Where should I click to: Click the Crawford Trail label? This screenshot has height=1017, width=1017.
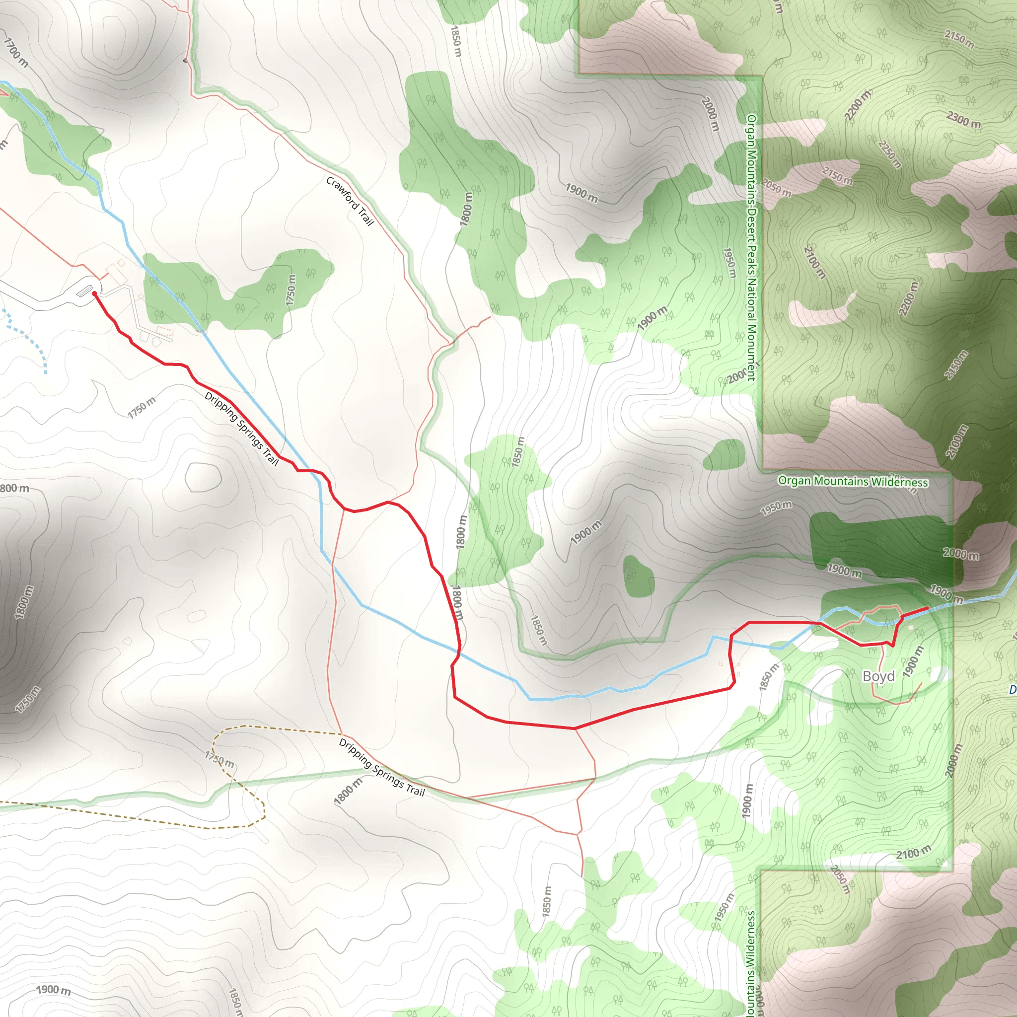click(350, 201)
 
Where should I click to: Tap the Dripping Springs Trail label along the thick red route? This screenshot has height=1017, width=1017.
click(241, 429)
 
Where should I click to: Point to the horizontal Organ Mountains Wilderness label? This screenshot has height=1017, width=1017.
click(853, 481)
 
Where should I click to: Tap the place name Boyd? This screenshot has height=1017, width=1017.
click(878, 676)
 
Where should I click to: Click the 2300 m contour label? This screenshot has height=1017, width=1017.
click(963, 120)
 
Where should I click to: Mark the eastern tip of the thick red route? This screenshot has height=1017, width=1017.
click(927, 609)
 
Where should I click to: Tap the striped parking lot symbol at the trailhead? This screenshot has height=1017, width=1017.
click(84, 290)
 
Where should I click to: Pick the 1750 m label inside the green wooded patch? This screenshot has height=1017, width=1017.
click(291, 290)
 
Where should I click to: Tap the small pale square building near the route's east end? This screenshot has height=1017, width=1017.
click(911, 628)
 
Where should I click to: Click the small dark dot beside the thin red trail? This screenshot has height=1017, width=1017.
click(185, 61)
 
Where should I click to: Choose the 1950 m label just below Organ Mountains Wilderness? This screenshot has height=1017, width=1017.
click(776, 508)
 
